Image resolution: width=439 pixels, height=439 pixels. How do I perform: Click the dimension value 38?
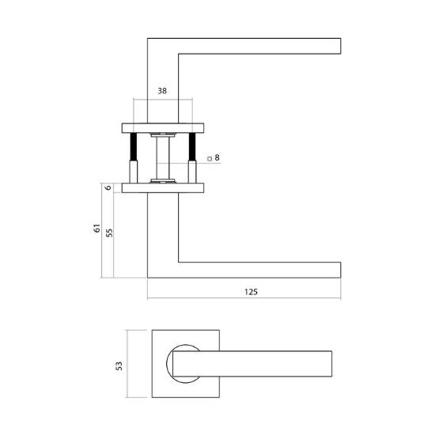click(x=162, y=91)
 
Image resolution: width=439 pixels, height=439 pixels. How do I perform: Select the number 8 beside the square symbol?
click(x=217, y=158)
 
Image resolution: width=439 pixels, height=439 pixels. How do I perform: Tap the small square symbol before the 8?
click(x=209, y=159)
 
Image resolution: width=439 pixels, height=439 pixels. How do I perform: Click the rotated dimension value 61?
click(x=96, y=229)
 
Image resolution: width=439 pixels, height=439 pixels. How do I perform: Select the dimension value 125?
click(x=251, y=291)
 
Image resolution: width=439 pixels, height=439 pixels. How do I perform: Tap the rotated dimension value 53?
click(x=119, y=365)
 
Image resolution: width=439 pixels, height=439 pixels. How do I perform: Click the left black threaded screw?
click(x=133, y=148)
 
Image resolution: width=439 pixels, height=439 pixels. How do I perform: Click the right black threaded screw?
click(x=191, y=148)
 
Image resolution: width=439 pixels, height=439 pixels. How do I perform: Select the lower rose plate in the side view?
click(x=162, y=187)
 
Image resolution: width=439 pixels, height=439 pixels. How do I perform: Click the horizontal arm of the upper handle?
click(x=261, y=46)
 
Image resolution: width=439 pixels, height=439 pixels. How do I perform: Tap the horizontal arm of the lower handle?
click(x=261, y=269)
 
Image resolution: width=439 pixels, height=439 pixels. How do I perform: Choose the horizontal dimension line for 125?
click(x=244, y=299)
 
